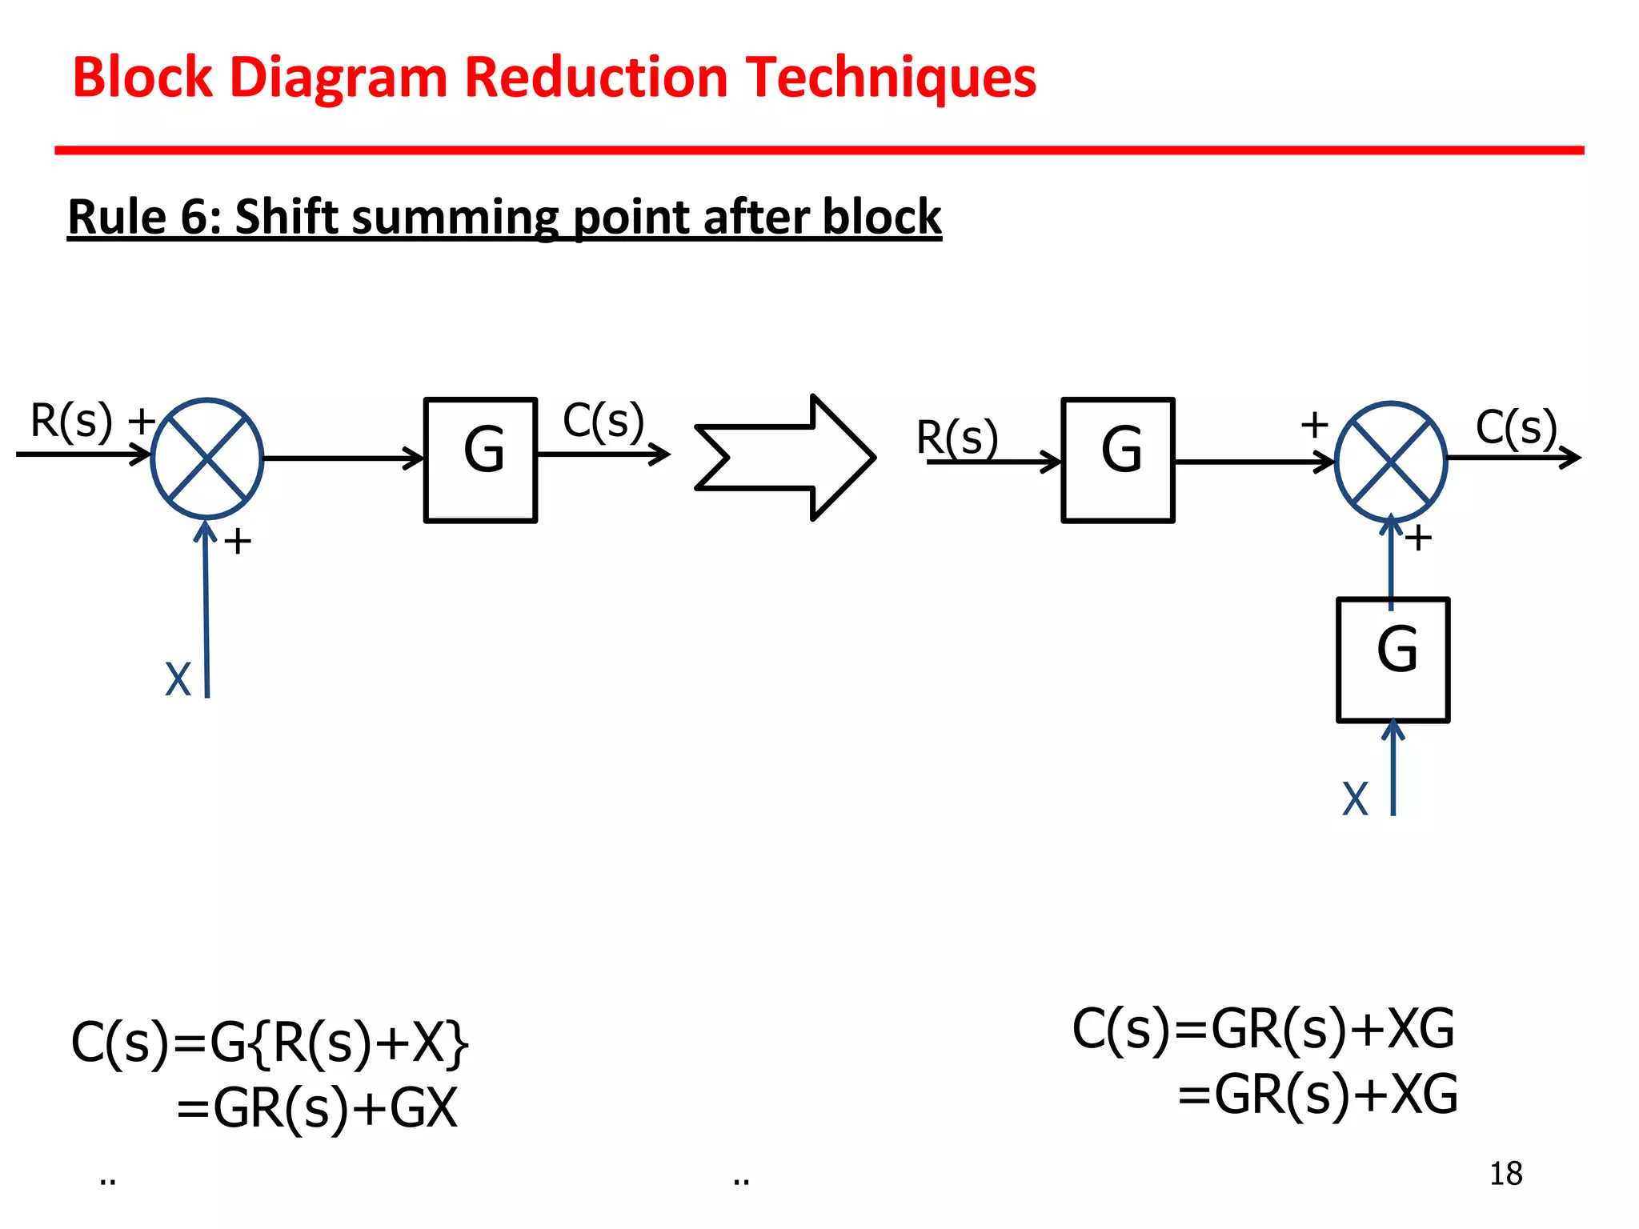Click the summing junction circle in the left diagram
click(x=207, y=458)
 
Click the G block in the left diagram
click(x=480, y=459)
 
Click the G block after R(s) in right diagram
click(x=1118, y=459)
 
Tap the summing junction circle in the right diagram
click(x=1391, y=462)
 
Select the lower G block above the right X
click(x=1393, y=659)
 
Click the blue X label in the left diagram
click(x=178, y=680)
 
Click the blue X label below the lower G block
click(x=1355, y=799)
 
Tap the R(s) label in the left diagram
click(x=70, y=421)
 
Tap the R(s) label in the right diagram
click(x=956, y=437)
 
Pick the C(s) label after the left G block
click(x=603, y=421)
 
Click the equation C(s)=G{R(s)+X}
click(x=270, y=1043)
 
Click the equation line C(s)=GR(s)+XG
click(x=1263, y=1029)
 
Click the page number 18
click(x=1505, y=1174)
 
